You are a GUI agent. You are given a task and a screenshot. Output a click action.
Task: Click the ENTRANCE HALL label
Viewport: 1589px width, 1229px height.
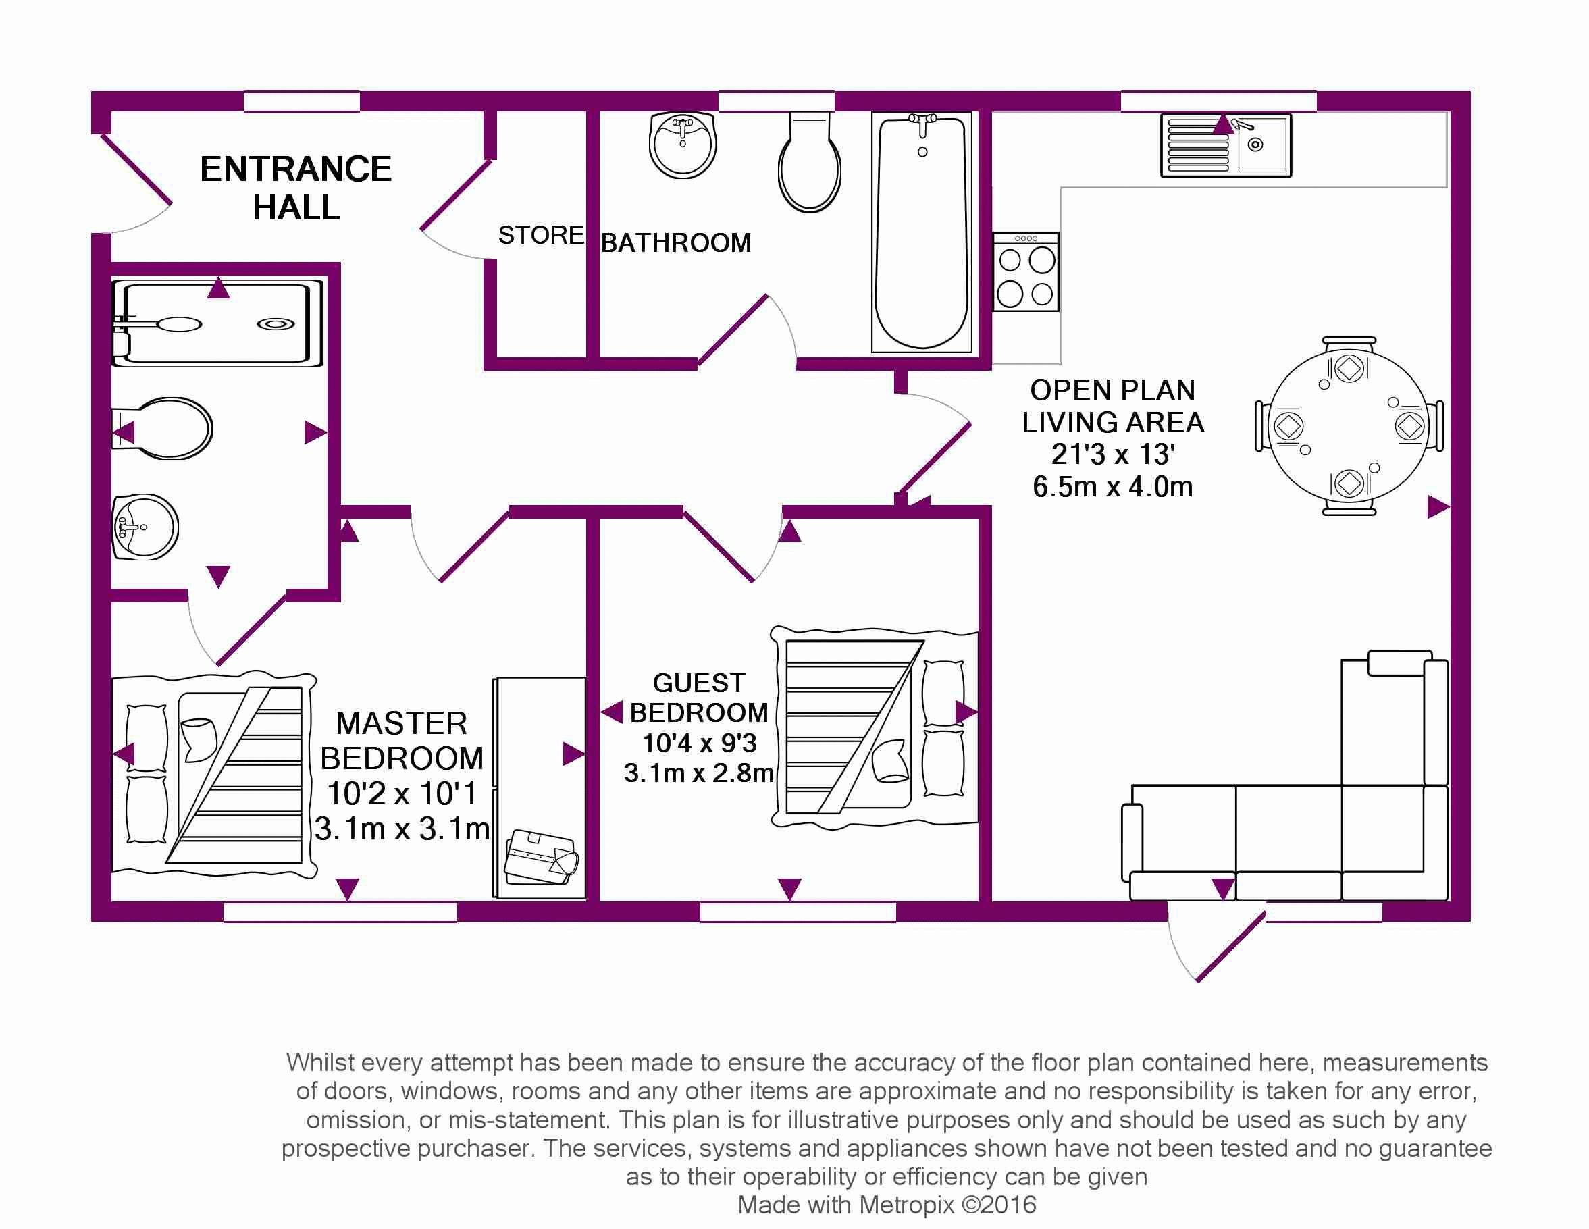295,188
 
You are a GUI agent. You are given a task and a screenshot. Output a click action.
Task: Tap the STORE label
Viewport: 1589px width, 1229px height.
540,235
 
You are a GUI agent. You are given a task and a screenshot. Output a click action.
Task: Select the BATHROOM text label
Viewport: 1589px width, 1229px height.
676,242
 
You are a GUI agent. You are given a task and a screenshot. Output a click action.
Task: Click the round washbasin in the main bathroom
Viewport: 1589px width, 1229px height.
683,145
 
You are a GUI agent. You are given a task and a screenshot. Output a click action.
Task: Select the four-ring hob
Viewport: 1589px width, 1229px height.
1026,272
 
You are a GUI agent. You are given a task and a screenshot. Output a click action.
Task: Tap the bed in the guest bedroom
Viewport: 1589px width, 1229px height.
873,728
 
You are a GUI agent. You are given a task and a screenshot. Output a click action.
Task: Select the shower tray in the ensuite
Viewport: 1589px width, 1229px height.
217,322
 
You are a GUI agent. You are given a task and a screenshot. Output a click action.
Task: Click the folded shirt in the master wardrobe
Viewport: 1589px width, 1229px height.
542,857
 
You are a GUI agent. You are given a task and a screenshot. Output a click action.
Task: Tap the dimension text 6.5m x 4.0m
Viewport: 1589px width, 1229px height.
1112,486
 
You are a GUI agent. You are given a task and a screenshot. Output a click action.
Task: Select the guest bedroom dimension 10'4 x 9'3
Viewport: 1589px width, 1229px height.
699,743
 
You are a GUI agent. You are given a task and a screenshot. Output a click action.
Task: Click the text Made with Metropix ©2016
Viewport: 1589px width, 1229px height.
886,1205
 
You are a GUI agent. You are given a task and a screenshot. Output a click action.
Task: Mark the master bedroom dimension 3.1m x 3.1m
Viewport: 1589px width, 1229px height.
402,829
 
